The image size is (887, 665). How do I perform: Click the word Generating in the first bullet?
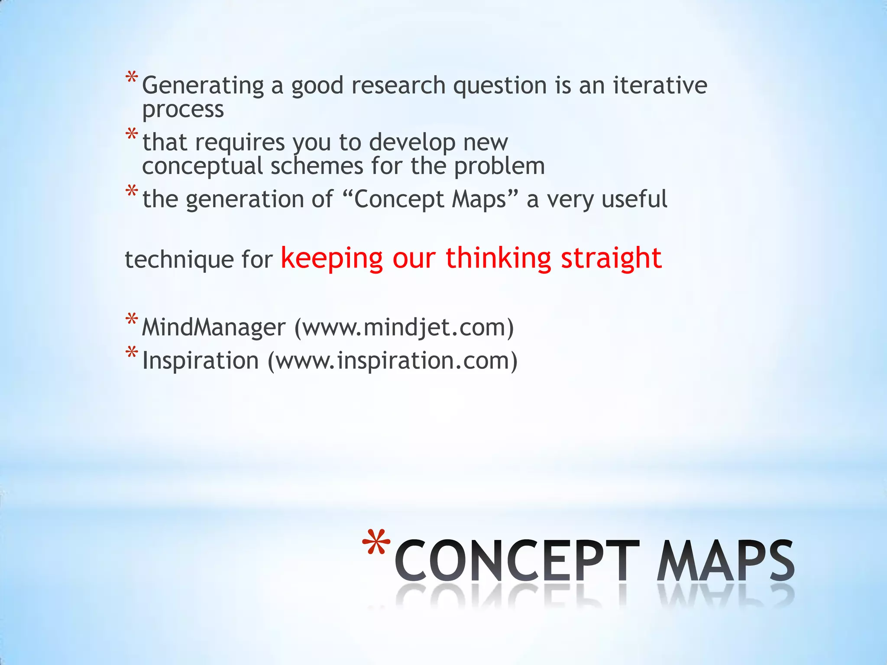[203, 85]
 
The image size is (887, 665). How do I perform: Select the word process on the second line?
[183, 109]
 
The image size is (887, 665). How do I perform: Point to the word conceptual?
[202, 166]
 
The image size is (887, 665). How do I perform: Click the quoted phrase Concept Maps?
[430, 200]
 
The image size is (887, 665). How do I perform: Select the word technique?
[179, 260]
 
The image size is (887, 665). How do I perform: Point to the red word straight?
[611, 258]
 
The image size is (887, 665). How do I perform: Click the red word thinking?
[498, 258]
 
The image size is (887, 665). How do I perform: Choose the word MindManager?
[214, 327]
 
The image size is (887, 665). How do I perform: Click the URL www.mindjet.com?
[404, 327]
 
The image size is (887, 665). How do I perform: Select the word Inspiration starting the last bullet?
[200, 361]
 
